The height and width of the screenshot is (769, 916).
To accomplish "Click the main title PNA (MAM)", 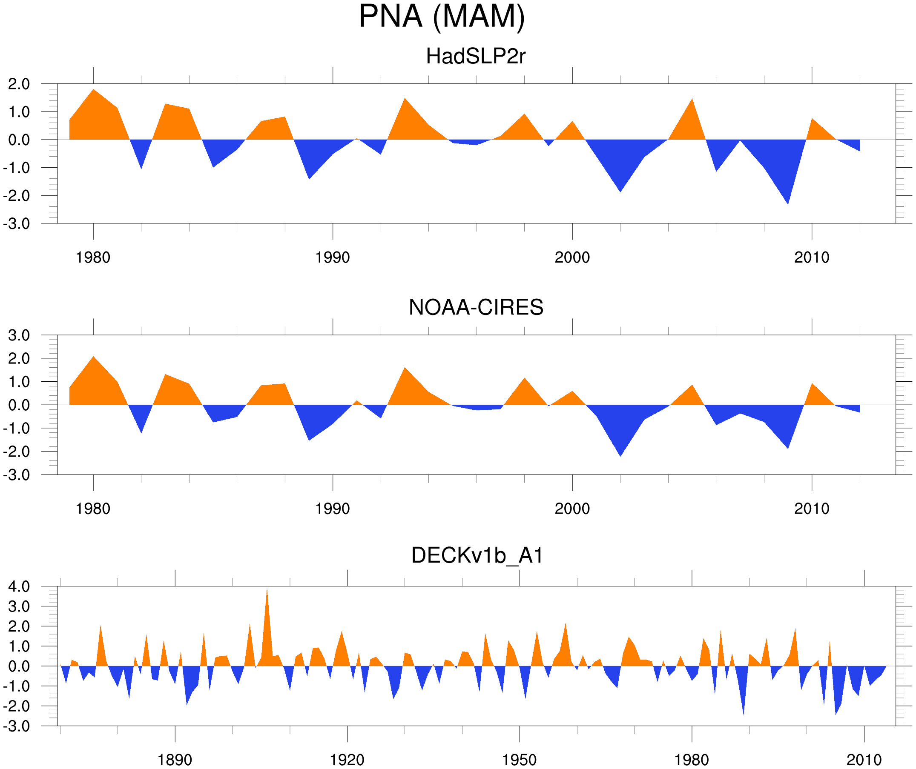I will (x=442, y=17).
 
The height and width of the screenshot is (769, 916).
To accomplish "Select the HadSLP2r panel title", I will (x=475, y=56).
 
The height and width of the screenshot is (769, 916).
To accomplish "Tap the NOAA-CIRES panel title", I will (x=476, y=307).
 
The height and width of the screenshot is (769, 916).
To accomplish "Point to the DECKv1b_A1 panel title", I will (x=477, y=555).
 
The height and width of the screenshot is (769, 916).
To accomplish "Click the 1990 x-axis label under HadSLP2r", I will (x=333, y=257).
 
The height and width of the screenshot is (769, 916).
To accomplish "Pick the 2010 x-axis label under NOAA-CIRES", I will (x=811, y=509).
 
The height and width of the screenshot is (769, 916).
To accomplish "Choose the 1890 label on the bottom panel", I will (x=175, y=760).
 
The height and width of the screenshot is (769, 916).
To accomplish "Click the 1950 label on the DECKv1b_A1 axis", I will (x=519, y=760).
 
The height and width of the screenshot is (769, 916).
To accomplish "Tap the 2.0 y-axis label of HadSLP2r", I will (x=19, y=84).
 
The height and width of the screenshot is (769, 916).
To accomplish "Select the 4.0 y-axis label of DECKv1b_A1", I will (x=19, y=587).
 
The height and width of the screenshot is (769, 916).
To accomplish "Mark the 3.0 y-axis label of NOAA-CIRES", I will (x=19, y=336).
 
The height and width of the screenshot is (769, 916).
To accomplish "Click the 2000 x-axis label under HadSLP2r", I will (x=572, y=257).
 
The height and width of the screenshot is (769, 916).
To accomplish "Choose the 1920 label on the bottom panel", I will (x=347, y=760).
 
